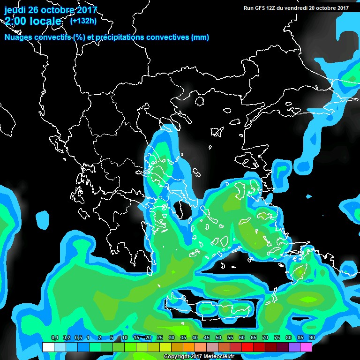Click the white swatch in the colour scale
[48, 347]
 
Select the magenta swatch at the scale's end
[306, 347]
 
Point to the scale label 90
[312, 337]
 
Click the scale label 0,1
[54, 337]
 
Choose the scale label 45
[207, 337]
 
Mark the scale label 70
[265, 337]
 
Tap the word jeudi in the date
[15, 10]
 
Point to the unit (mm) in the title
[200, 37]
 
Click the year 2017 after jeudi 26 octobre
[86, 10]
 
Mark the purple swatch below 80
[294, 347]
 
